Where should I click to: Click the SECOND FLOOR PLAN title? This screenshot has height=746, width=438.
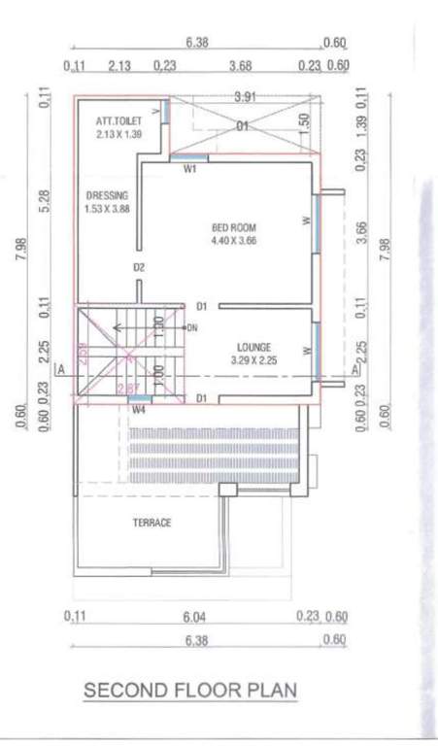(x=190, y=691)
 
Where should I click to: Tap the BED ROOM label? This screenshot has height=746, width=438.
(x=234, y=228)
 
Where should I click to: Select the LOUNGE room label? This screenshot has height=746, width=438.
(x=253, y=347)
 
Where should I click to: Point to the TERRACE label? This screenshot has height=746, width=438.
(x=152, y=523)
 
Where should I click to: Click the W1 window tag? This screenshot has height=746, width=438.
(x=190, y=168)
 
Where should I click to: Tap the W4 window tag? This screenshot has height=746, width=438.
(x=139, y=409)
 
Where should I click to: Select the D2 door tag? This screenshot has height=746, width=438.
(x=139, y=267)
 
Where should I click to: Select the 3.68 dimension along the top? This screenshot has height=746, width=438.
(x=240, y=66)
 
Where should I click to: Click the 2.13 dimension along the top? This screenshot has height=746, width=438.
(x=120, y=66)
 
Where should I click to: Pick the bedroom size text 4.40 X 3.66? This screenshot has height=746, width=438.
(x=234, y=241)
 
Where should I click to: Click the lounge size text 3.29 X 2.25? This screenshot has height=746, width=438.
(x=253, y=359)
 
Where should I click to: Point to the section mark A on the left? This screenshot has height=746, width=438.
(x=60, y=370)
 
